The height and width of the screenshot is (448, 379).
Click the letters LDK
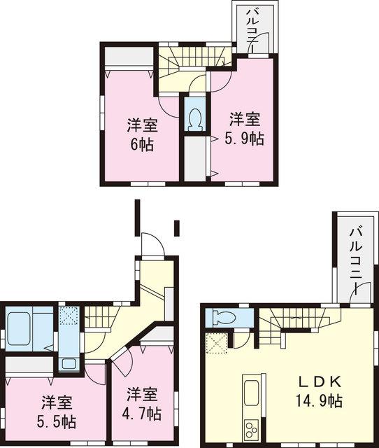(322, 382)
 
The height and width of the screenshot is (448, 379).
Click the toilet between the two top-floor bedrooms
(194, 118)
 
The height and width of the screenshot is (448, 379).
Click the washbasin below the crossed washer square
(68, 363)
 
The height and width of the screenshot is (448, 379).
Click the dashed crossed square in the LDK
(217, 343)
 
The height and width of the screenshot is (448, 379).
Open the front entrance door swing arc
(152, 245)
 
